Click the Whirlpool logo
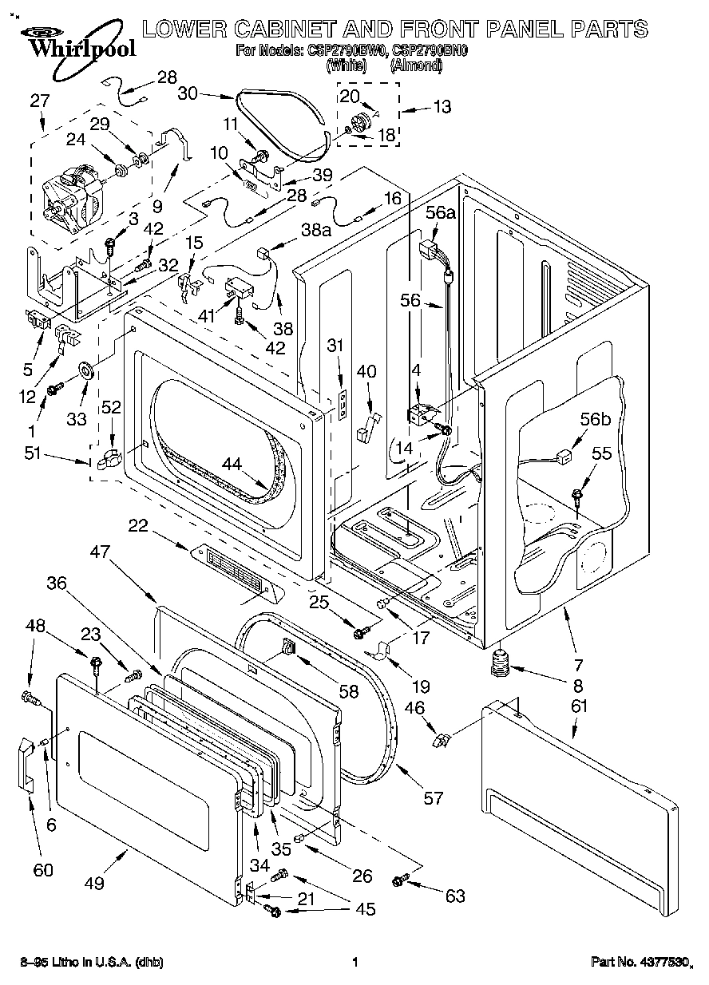(x=72, y=40)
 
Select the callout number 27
(x=40, y=101)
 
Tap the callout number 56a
(x=440, y=212)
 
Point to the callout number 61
(x=579, y=706)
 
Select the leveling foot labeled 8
(x=501, y=662)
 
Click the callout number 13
(x=441, y=106)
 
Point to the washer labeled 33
(x=85, y=370)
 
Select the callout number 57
(x=433, y=797)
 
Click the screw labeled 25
(x=360, y=633)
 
